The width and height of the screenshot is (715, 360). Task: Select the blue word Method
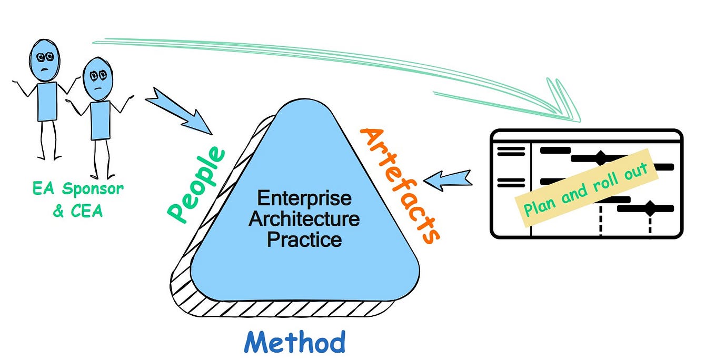click(295, 342)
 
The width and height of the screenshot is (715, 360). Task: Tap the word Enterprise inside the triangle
click(304, 199)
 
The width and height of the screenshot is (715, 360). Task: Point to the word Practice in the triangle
click(304, 240)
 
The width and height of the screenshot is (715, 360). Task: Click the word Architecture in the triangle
click(304, 219)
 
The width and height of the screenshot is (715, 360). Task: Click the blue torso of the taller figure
click(47, 102)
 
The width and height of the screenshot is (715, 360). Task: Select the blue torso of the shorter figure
click(100, 120)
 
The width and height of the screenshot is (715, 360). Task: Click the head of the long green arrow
click(563, 105)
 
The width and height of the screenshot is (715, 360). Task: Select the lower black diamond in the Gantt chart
click(651, 208)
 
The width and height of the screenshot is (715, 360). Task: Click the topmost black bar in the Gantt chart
click(555, 150)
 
